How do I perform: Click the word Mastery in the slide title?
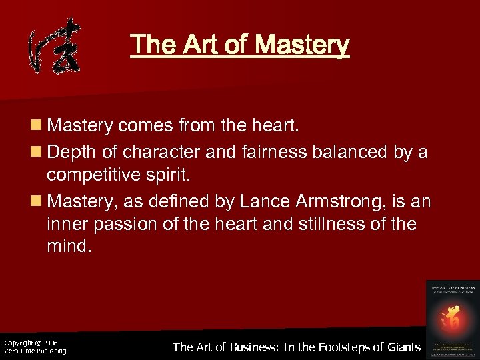(x=301, y=45)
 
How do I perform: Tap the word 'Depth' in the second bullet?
(x=73, y=152)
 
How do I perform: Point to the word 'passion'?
(x=125, y=223)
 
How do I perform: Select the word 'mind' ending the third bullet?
(x=67, y=247)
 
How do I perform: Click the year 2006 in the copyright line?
(x=49, y=343)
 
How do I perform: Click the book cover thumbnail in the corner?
(x=452, y=317)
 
